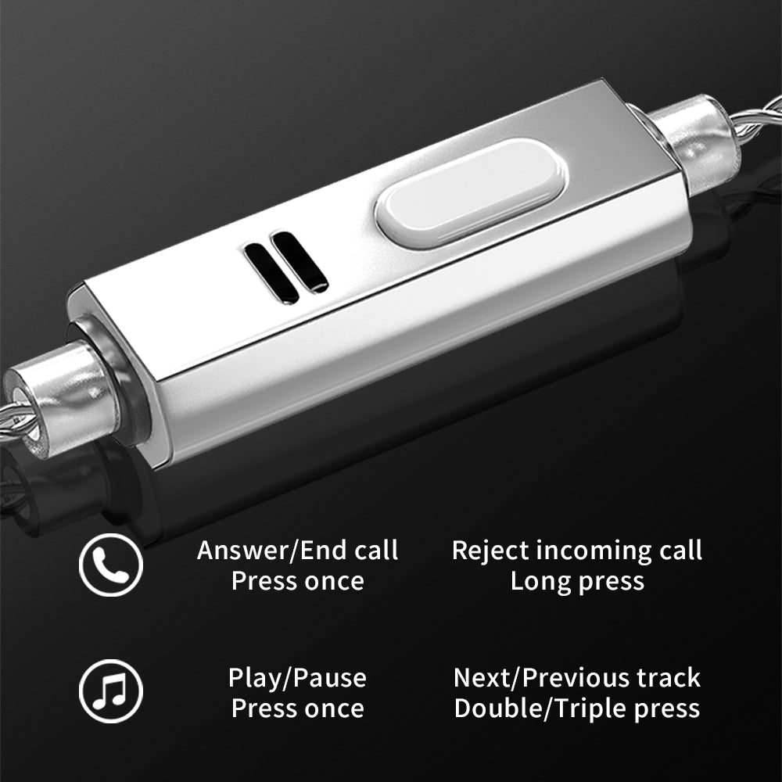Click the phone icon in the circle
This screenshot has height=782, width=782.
[111, 565]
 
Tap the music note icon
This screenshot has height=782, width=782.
[111, 691]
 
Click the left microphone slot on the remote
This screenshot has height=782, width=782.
[271, 273]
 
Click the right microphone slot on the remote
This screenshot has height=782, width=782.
[300, 261]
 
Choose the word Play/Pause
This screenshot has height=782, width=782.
[297, 678]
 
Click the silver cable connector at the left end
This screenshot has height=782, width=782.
[60, 396]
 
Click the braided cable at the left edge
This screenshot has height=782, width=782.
[14, 419]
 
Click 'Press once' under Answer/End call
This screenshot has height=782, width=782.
[298, 582]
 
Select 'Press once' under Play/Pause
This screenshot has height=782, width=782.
[298, 708]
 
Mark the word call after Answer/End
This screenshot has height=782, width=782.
[376, 551]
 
